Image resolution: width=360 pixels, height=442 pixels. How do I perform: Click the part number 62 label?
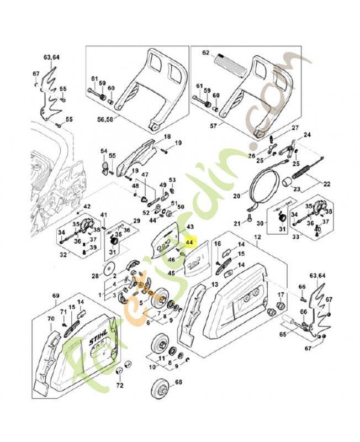(x=206, y=54)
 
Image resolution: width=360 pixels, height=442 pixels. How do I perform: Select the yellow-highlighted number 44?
(x=190, y=241)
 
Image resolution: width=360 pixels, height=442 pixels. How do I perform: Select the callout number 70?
(x=51, y=319)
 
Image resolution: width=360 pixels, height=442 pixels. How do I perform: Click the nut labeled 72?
(x=126, y=365)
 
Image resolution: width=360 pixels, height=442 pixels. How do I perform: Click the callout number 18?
(x=166, y=136)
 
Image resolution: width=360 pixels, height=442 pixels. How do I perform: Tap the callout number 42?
(x=87, y=207)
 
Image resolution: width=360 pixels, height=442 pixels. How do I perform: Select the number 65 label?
(x=284, y=334)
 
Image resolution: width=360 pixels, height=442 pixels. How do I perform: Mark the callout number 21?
(x=237, y=223)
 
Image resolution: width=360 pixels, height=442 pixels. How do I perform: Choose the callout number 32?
(x=63, y=255)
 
